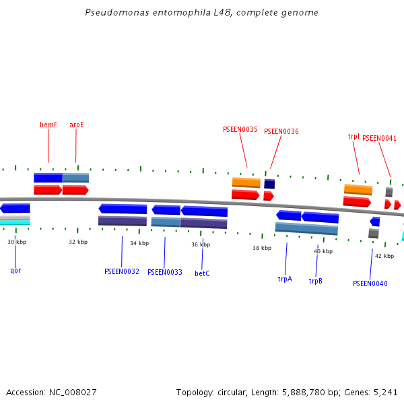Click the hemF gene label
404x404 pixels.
click(48, 125)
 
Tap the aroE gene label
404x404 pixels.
click(77, 125)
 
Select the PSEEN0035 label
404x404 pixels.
click(240, 129)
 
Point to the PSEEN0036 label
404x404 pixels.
click(281, 132)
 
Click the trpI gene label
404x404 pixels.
click(353, 136)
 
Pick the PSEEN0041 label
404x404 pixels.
click(380, 139)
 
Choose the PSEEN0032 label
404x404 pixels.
click(122, 271)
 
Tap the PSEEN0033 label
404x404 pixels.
click(165, 272)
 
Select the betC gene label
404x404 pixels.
click(202, 273)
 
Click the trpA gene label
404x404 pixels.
click(285, 278)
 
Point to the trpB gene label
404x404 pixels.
click(315, 281)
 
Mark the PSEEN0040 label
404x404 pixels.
click(370, 283)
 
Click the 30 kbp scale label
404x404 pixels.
click(17, 242)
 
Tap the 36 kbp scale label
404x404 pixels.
click(201, 244)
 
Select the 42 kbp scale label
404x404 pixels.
click(384, 256)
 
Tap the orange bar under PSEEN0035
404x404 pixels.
click(246, 182)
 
